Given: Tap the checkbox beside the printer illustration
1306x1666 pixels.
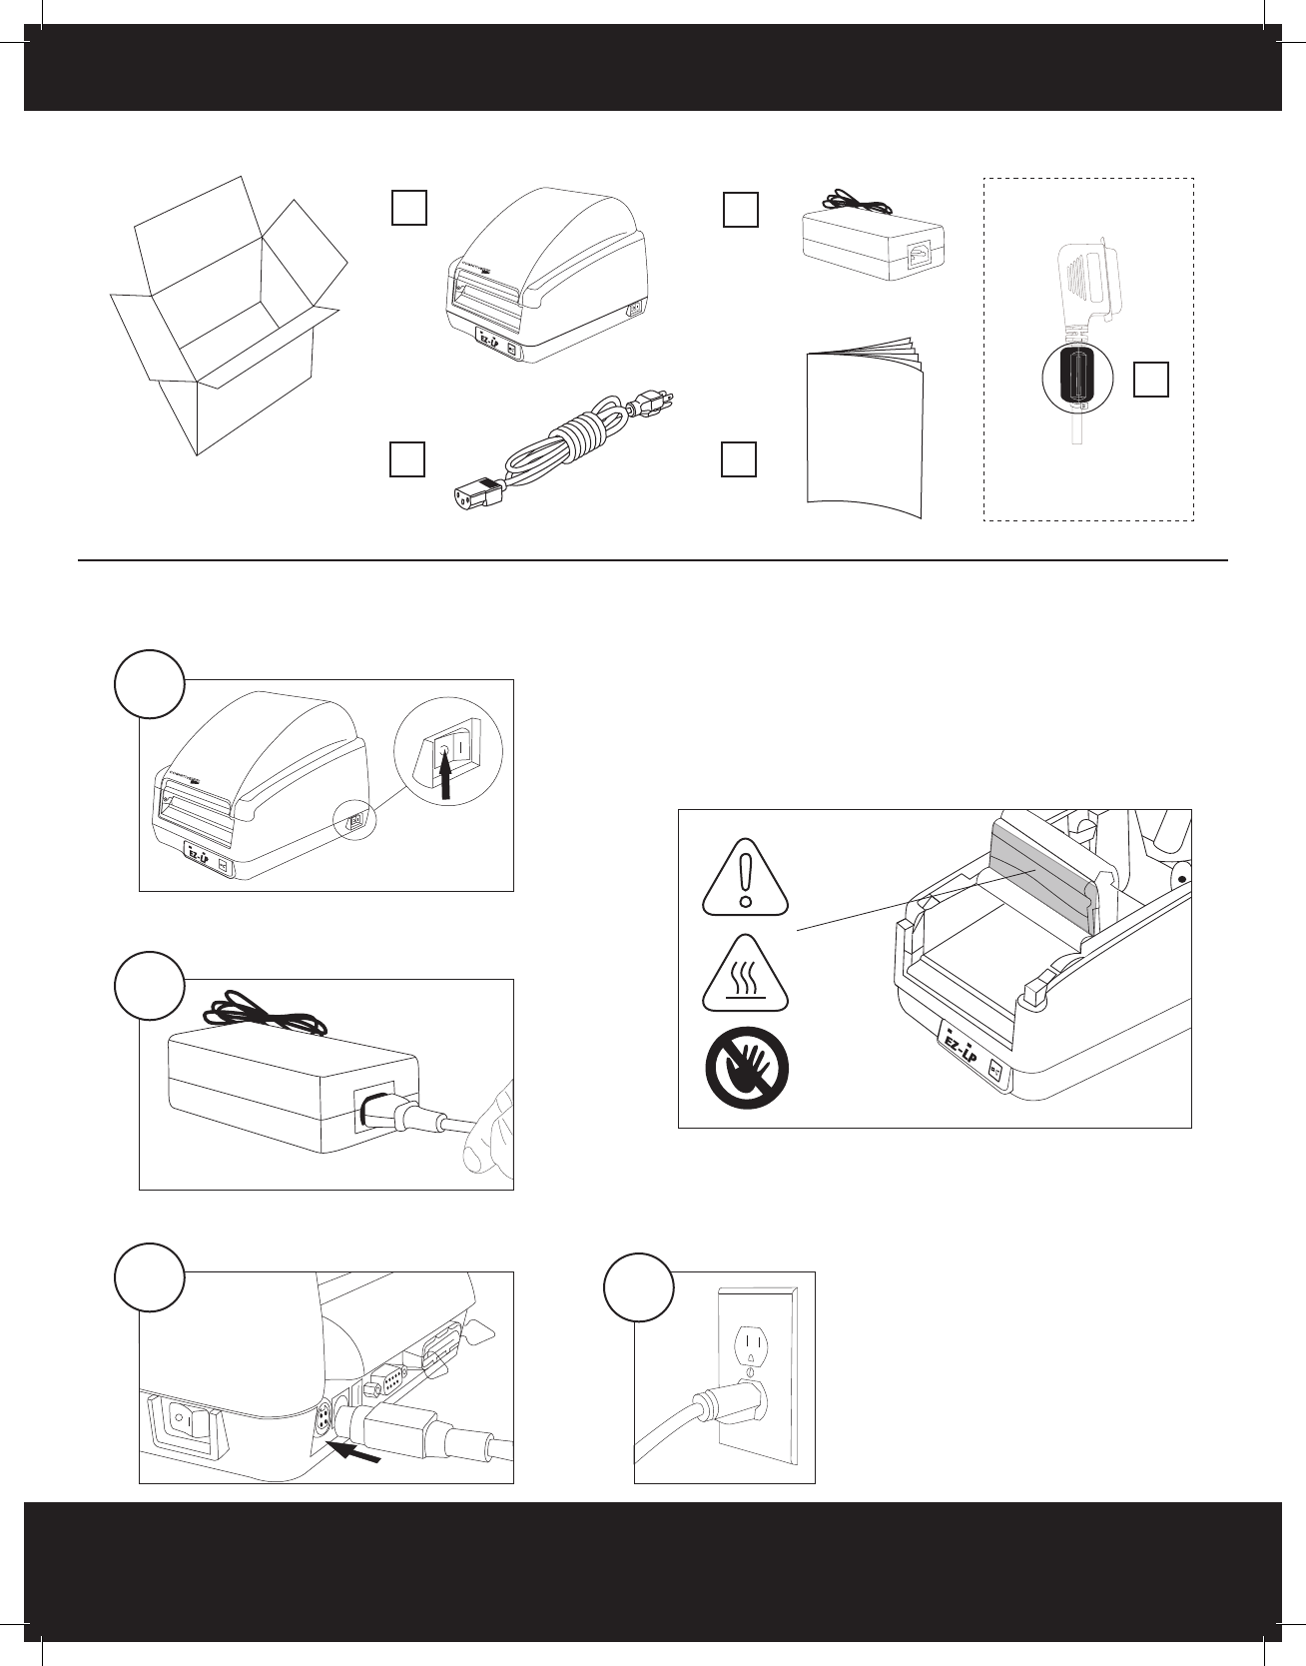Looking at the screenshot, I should coord(409,208).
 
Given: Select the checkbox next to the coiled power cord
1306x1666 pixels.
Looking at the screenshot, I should coord(407,458).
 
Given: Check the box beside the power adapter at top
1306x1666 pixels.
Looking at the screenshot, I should coord(740,209).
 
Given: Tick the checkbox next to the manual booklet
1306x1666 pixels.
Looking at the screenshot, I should coord(739,458).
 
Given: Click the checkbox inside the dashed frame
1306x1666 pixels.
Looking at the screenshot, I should coord(1151,380).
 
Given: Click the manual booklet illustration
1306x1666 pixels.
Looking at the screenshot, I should coord(865,429).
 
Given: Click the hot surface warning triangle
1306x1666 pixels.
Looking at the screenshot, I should coord(745,974).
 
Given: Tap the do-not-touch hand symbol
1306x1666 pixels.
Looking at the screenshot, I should coord(747,1067).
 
